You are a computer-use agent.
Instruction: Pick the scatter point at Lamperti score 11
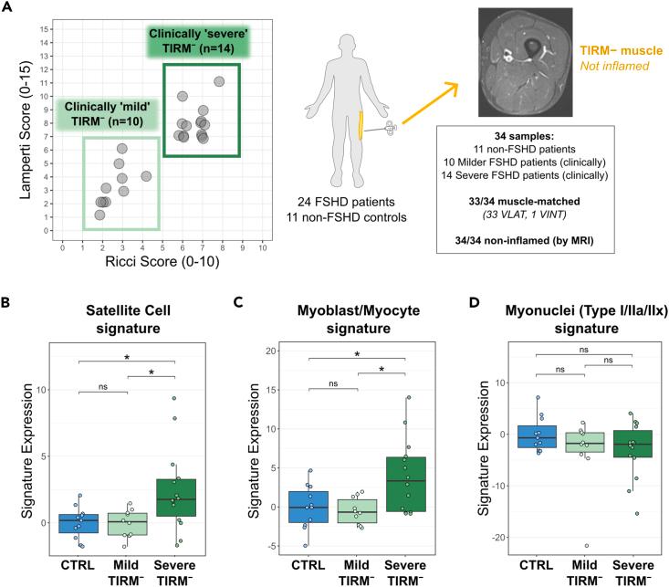(x=219, y=81)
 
